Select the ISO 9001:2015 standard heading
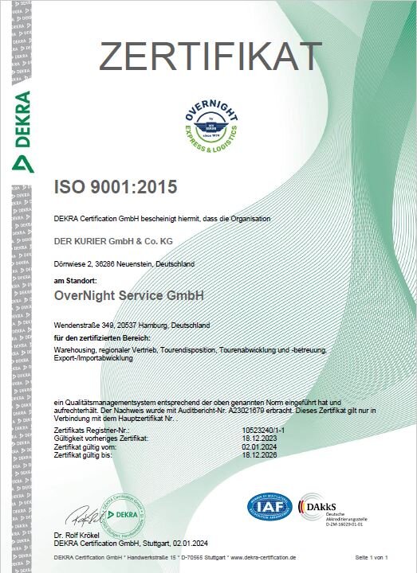pyautogui.click(x=115, y=188)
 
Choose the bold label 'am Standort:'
pyautogui.click(x=75, y=281)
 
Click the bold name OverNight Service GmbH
pyautogui.click(x=128, y=295)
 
